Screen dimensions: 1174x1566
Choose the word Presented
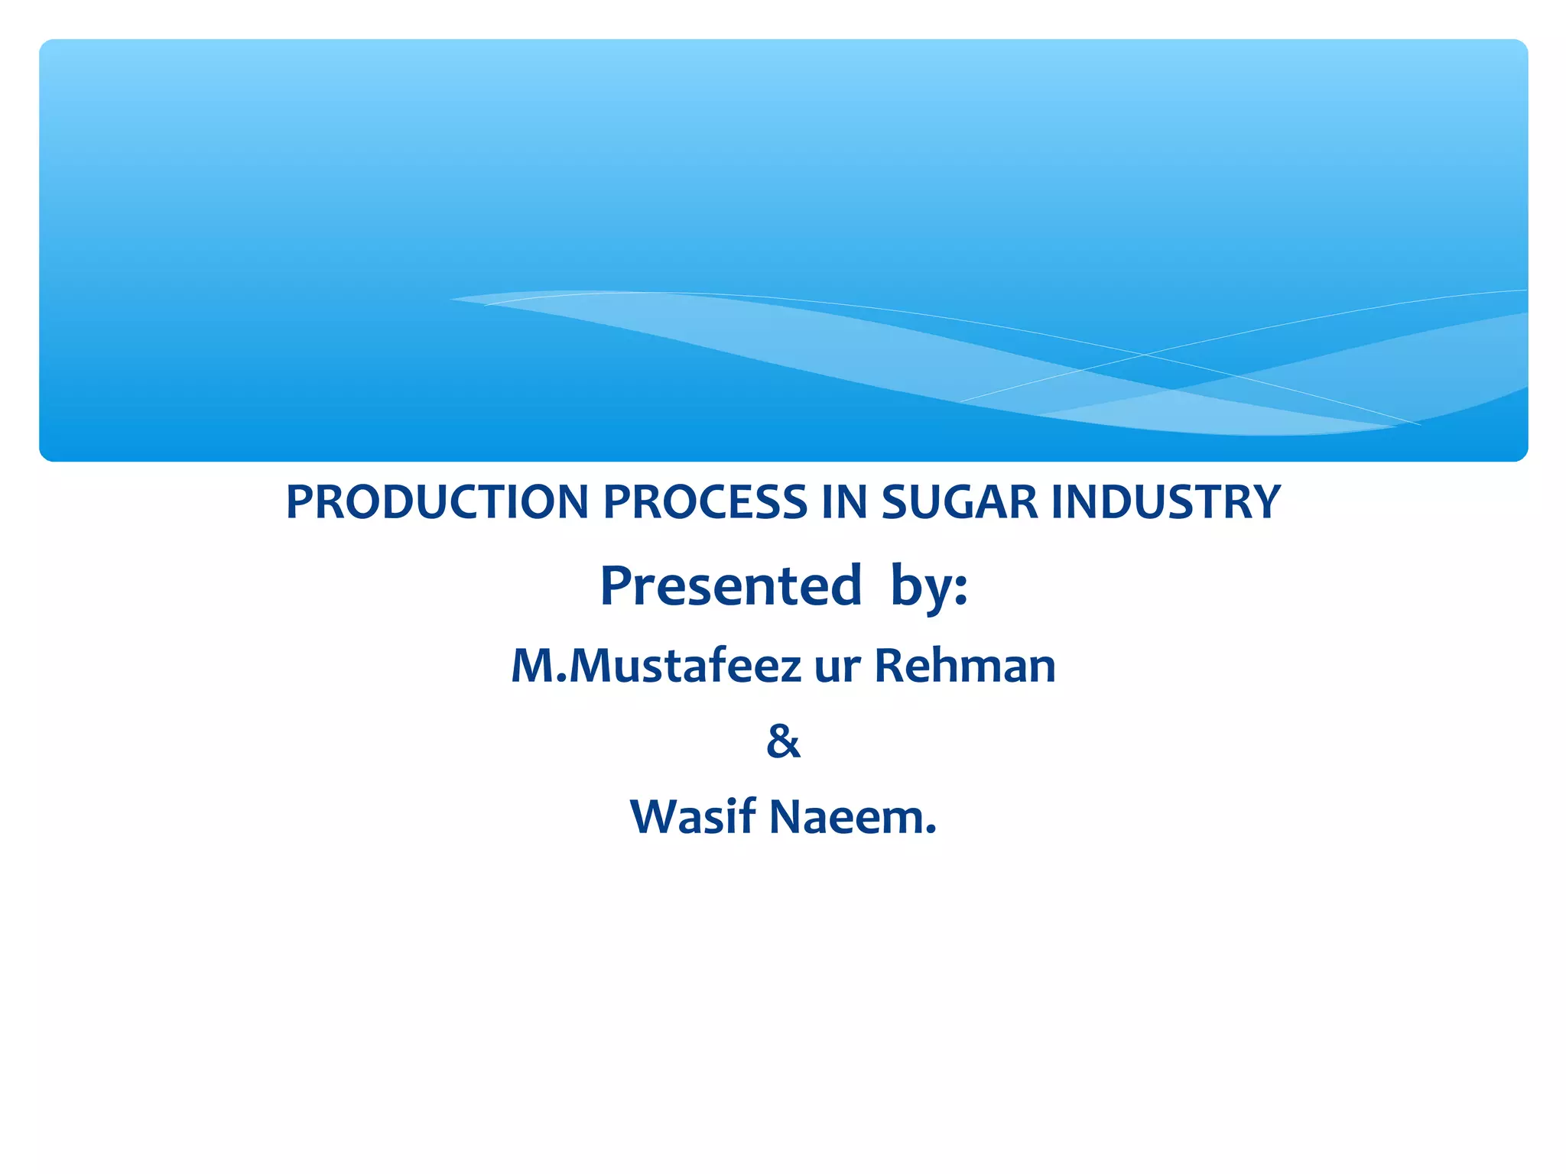(x=731, y=586)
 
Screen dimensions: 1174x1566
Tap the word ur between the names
(x=837, y=667)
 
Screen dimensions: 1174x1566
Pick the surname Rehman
(x=965, y=666)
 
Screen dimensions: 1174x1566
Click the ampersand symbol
(x=783, y=741)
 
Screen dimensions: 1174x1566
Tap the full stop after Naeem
(x=931, y=830)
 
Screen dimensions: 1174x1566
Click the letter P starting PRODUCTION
(x=300, y=502)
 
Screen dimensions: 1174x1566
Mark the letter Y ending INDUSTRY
(x=1266, y=502)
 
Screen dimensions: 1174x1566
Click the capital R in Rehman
(x=890, y=666)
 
